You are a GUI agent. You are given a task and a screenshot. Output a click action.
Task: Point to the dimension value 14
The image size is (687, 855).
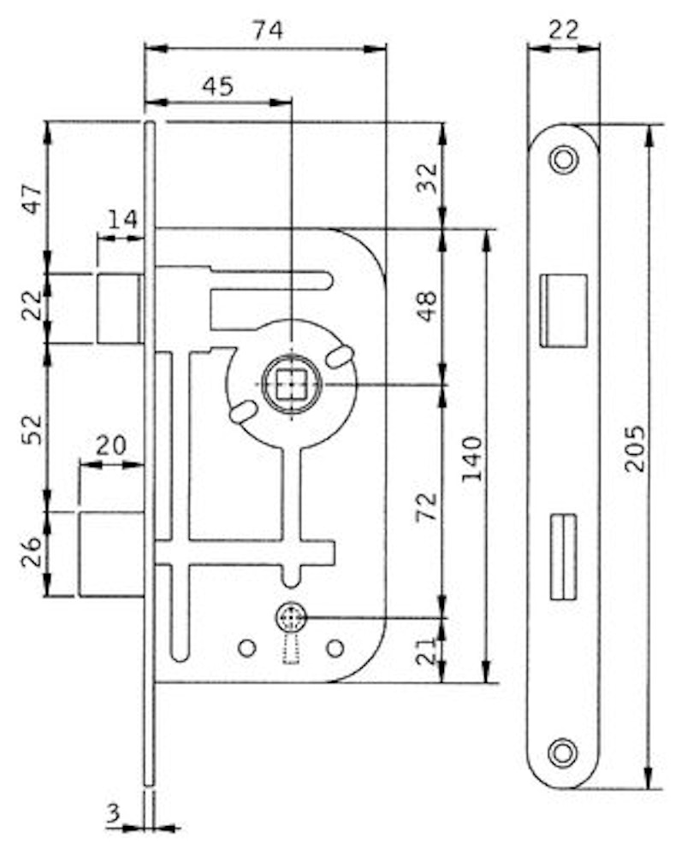[121, 220]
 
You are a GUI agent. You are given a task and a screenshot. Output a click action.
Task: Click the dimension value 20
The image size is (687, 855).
[111, 445]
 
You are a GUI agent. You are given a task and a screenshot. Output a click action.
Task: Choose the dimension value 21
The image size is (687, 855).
[430, 650]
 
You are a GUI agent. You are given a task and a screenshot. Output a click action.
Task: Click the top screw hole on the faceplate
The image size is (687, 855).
[563, 159]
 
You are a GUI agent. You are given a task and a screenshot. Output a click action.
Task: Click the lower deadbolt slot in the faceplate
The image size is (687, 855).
[561, 556]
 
